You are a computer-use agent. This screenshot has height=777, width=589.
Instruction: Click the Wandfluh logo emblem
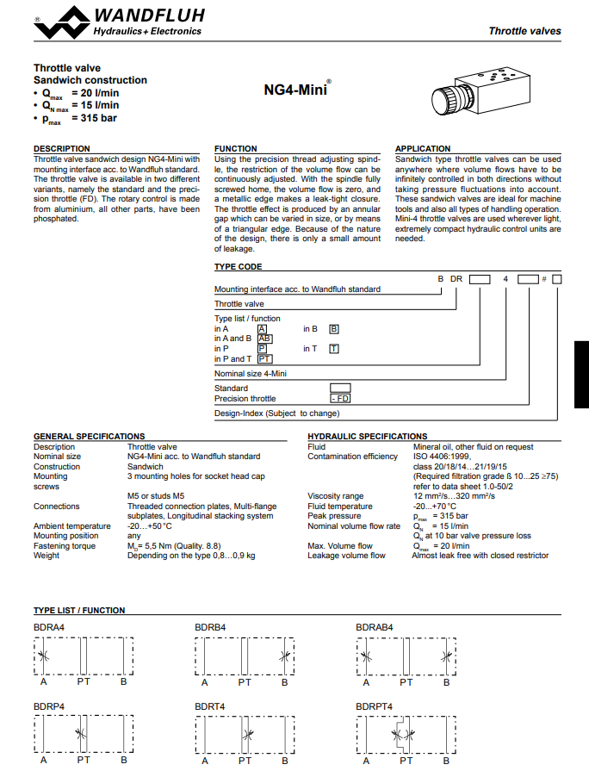pyautogui.click(x=60, y=22)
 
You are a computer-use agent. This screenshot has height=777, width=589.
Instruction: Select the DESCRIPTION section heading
pyautogui.click(x=61, y=149)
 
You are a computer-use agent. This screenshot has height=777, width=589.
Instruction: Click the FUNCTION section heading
pyautogui.click(x=235, y=149)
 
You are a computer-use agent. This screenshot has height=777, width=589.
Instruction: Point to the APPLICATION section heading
pyautogui.click(x=422, y=149)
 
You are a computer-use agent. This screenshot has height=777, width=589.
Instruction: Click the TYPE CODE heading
pyautogui.click(x=238, y=267)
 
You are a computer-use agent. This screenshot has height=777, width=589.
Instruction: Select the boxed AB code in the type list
pyautogui.click(x=264, y=339)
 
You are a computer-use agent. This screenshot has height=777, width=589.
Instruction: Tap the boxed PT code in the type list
pyautogui.click(x=264, y=358)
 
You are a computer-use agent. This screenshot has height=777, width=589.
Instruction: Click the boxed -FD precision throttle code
pyautogui.click(x=340, y=399)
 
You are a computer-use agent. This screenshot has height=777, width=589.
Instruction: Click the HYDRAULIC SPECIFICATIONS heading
pyautogui.click(x=367, y=437)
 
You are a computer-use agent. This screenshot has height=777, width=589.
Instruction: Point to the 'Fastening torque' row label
pyautogui.click(x=65, y=545)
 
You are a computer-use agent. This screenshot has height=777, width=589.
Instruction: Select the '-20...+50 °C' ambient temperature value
pyautogui.click(x=150, y=525)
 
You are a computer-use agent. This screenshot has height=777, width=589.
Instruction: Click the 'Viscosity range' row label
pyautogui.click(x=335, y=496)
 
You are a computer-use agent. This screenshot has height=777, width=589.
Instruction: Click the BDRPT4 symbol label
pyautogui.click(x=374, y=706)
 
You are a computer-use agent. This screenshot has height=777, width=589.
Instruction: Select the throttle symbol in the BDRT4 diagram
pyautogui.click(x=247, y=735)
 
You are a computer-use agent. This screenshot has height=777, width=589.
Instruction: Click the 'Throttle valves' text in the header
pyautogui.click(x=524, y=31)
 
